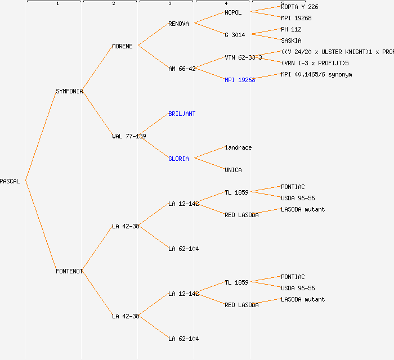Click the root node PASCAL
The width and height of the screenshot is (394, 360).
(x=10, y=181)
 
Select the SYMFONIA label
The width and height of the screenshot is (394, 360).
(x=69, y=91)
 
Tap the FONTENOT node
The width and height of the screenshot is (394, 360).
(x=69, y=271)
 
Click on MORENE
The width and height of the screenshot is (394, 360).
(x=122, y=46)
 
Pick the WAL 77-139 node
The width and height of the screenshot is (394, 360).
(x=129, y=136)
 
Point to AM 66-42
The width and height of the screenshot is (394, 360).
(x=182, y=69)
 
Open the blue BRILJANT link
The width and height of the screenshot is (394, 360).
(x=182, y=114)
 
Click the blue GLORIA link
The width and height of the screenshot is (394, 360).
(x=178, y=159)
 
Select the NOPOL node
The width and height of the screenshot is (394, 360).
(x=233, y=12)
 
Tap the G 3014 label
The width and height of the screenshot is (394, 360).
(x=235, y=35)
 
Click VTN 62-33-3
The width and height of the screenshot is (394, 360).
(x=243, y=57)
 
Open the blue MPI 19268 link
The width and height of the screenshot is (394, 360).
(x=240, y=80)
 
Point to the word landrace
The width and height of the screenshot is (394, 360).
(x=238, y=147)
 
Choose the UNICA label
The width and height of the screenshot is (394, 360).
(x=233, y=170)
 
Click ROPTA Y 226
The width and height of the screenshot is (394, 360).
(x=299, y=7)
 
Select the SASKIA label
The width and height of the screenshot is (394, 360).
(x=291, y=40)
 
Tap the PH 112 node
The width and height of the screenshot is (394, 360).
(x=291, y=29)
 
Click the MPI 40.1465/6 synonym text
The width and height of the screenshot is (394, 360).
(x=316, y=74)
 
